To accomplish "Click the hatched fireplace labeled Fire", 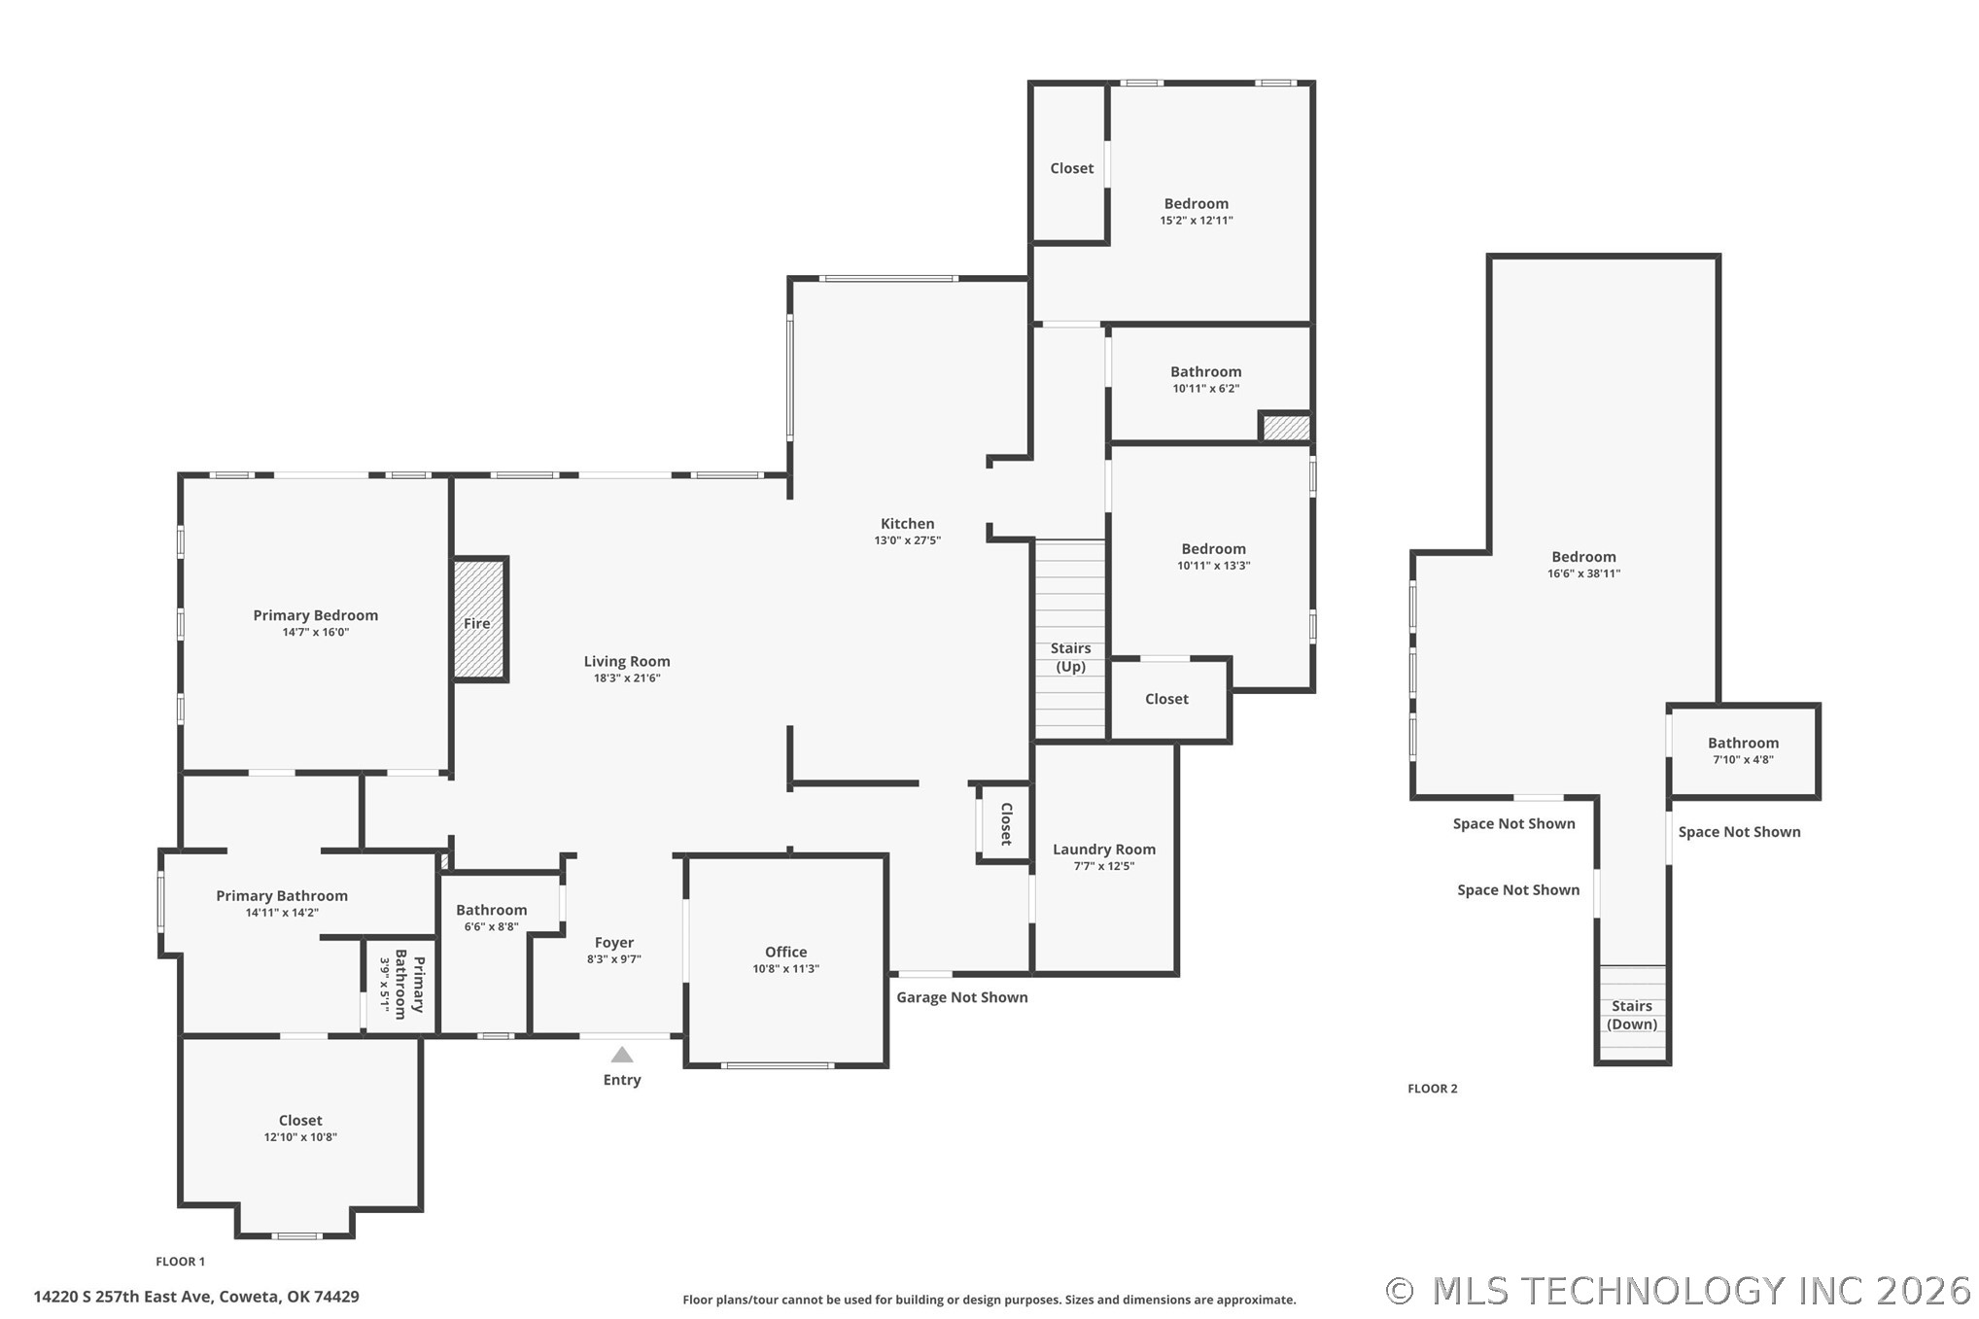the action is [479, 619].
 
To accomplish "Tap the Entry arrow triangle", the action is [622, 1055].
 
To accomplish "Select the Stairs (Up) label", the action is [1070, 657].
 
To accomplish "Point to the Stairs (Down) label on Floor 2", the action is [1632, 1015].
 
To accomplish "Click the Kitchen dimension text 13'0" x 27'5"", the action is [908, 540].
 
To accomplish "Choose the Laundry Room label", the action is [1104, 850].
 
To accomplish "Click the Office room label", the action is [785, 953].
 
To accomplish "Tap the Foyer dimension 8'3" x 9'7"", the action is [614, 959].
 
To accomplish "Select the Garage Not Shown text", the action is [962, 997].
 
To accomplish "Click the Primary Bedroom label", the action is [316, 615].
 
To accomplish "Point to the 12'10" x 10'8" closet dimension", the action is [300, 1137].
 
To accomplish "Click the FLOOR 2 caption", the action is [1433, 1089].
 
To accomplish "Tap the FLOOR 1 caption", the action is [181, 1262].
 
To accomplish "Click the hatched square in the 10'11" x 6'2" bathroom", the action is [1286, 428].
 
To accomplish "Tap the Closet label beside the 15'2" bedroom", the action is [1072, 168].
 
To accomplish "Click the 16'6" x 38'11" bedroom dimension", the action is [1584, 573].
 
